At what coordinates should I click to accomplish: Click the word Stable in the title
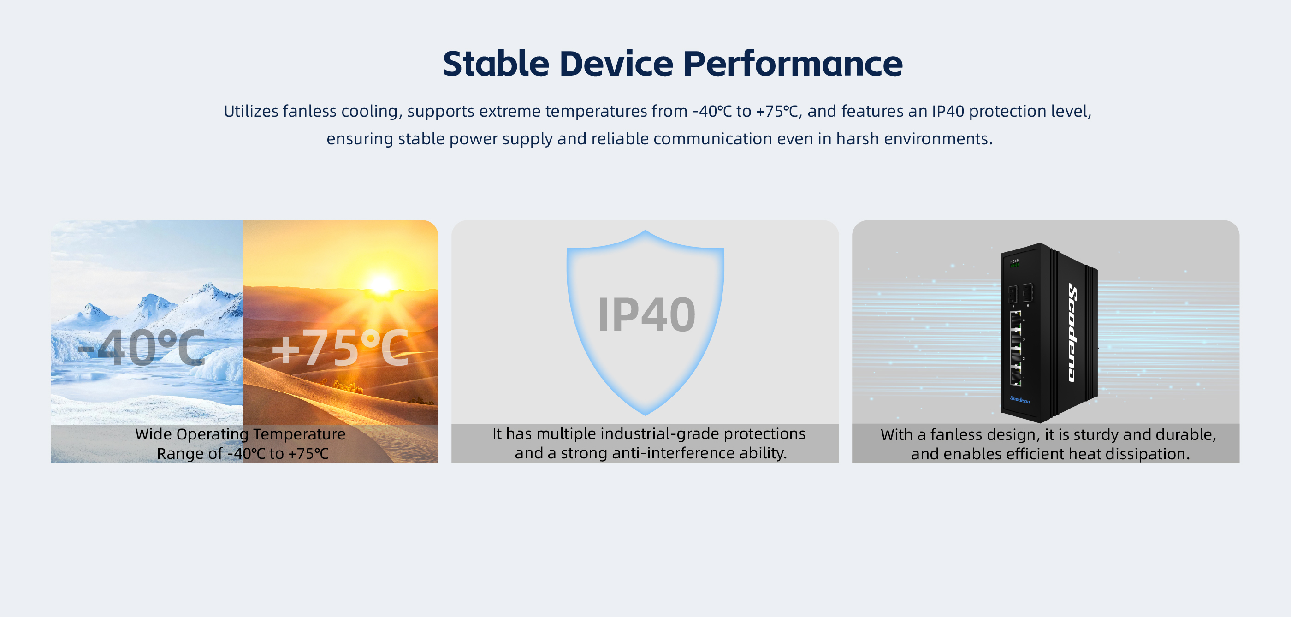pos(496,64)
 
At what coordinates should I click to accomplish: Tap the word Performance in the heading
pos(793,64)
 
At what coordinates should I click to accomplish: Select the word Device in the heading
pos(616,64)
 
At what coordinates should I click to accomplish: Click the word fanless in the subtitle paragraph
pos(309,111)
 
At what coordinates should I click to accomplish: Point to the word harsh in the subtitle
pos(858,139)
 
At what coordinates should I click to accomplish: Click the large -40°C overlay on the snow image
pos(142,348)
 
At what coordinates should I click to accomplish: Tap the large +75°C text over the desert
pos(340,348)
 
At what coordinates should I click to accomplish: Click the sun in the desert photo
pos(381,285)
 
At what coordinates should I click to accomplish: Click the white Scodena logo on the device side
pos(1072,333)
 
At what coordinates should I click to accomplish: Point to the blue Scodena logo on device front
pos(1019,399)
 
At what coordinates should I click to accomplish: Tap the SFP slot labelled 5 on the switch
pos(1013,294)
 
